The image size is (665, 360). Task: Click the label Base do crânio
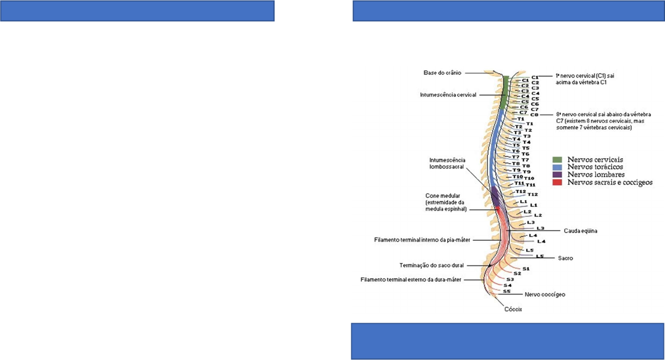(x=442, y=72)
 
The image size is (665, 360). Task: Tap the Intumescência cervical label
(x=449, y=94)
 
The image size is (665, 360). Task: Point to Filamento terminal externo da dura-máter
(x=412, y=279)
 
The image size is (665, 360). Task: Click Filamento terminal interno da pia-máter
(x=414, y=240)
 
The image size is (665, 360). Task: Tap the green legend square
(x=556, y=160)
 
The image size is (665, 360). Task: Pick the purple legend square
(x=556, y=174)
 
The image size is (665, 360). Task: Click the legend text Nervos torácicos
(x=595, y=167)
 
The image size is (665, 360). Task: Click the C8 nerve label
(x=534, y=115)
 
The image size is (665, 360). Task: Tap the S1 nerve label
(x=526, y=269)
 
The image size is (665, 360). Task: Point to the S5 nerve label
(x=506, y=291)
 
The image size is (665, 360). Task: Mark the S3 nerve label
(x=510, y=279)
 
